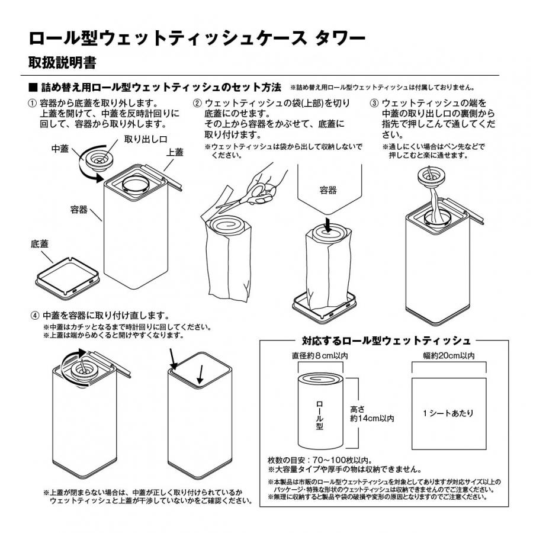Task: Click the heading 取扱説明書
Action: (63, 62)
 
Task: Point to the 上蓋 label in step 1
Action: (175, 152)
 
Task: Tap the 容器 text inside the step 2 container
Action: (328, 190)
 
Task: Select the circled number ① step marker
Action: (33, 103)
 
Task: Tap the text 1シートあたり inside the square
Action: (448, 414)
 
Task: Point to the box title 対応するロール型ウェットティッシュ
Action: (386, 341)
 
